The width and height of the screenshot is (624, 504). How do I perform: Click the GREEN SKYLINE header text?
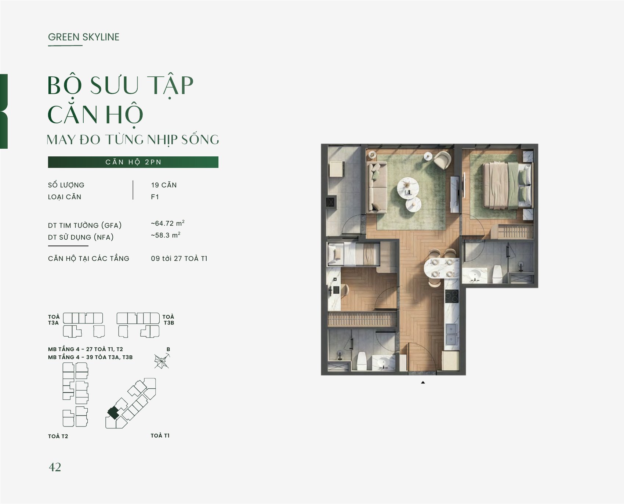click(84, 37)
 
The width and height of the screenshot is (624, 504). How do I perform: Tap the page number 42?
click(55, 467)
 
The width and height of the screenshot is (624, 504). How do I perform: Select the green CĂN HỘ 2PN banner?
click(133, 162)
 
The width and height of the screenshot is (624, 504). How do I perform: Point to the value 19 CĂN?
click(164, 185)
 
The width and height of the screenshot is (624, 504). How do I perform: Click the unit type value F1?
click(155, 197)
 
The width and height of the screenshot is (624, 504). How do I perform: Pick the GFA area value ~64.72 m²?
click(168, 223)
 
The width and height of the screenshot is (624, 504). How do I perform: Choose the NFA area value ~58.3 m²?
click(166, 235)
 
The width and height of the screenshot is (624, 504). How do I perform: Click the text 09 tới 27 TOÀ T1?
click(179, 258)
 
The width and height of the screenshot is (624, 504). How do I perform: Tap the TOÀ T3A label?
click(54, 320)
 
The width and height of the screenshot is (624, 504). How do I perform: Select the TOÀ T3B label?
click(168, 320)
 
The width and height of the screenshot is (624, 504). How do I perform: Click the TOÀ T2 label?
click(58, 436)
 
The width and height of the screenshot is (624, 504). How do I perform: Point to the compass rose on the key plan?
click(162, 361)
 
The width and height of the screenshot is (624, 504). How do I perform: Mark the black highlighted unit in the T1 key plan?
click(113, 413)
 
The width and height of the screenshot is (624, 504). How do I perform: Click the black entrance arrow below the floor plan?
click(423, 382)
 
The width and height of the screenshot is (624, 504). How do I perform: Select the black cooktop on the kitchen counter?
click(452, 296)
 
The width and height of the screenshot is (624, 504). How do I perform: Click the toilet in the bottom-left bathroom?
click(362, 361)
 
